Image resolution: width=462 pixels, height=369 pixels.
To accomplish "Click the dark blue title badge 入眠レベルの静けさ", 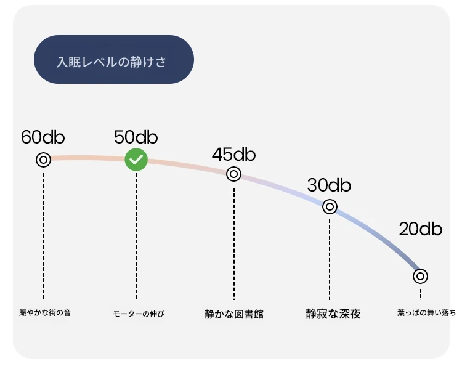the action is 114,60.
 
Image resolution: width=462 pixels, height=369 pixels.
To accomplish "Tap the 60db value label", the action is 43,137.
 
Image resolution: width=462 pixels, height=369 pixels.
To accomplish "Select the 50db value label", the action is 136,137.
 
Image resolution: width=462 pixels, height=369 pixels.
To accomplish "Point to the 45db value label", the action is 233,154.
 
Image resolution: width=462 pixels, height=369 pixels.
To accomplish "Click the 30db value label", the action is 329,185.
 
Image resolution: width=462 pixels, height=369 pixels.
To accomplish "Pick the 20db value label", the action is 421,229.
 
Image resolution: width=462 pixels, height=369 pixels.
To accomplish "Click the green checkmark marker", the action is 136,160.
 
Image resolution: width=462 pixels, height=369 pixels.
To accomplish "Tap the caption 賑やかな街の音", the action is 45,313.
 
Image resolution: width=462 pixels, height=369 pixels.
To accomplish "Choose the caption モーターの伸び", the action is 139,314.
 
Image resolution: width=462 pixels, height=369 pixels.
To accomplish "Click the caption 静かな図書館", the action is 234,314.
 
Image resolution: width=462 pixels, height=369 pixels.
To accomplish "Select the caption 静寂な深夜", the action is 333,314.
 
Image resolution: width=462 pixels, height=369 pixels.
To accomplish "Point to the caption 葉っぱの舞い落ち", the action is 426,313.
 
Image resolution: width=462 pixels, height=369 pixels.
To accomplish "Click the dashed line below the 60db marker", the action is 43,236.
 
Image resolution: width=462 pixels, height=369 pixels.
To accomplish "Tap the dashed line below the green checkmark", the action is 136,236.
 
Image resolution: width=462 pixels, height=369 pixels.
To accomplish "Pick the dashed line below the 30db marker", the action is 330,259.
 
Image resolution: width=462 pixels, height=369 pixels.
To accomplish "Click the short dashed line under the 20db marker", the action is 421,294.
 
